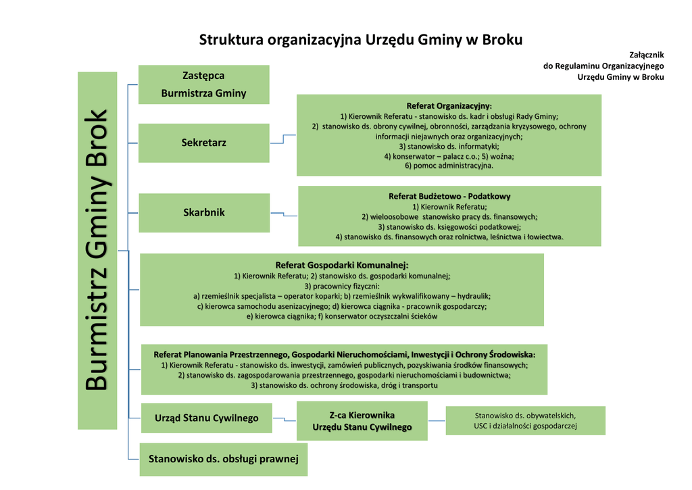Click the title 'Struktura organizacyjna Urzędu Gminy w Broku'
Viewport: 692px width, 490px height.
[360, 40]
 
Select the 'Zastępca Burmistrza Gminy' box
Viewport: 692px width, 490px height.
[203, 84]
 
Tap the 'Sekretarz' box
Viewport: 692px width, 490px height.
[203, 143]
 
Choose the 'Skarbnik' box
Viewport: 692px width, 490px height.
[203, 212]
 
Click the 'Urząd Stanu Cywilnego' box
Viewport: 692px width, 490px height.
[206, 418]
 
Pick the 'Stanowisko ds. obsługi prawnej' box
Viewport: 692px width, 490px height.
[223, 460]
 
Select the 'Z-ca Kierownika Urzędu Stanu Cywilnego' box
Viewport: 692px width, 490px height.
[362, 421]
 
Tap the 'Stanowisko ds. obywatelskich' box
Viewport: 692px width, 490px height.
[525, 420]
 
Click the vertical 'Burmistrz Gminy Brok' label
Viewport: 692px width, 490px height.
[97, 250]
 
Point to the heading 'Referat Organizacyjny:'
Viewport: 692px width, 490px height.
[449, 106]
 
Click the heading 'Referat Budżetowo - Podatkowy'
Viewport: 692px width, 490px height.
[449, 196]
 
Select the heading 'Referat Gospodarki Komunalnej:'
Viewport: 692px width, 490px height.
[342, 266]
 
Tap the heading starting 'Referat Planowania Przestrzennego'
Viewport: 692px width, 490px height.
[344, 354]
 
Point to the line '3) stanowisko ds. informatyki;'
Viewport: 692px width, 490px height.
[449, 146]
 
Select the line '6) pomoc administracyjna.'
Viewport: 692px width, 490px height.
[449, 166]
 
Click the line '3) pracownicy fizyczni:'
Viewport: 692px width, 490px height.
[342, 286]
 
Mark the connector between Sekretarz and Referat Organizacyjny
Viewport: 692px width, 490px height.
[283, 139]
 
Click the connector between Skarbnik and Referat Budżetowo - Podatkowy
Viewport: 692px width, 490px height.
[284, 214]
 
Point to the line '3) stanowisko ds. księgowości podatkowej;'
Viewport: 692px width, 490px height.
[449, 227]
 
